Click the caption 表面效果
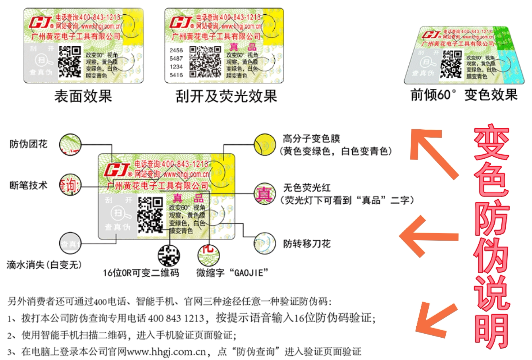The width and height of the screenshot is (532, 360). coord(83,96)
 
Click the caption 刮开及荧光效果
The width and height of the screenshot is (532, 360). coord(226,96)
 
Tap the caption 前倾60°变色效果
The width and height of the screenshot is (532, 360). coord(464,95)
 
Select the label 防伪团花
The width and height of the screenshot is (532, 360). coord(28,144)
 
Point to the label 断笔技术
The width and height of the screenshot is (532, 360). coord(28,185)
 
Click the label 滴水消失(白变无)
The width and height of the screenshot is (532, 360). coord(44,265)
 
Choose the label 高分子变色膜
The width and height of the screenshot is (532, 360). coord(311,139)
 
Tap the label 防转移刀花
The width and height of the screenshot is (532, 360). coord(307,243)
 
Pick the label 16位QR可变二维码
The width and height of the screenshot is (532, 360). coord(141,272)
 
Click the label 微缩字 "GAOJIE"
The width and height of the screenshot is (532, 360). coord(232,272)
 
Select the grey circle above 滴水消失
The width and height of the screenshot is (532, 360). coord(70,244)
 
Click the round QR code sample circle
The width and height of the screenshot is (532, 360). coord(169,255)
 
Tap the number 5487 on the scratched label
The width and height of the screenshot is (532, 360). coord(176,58)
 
